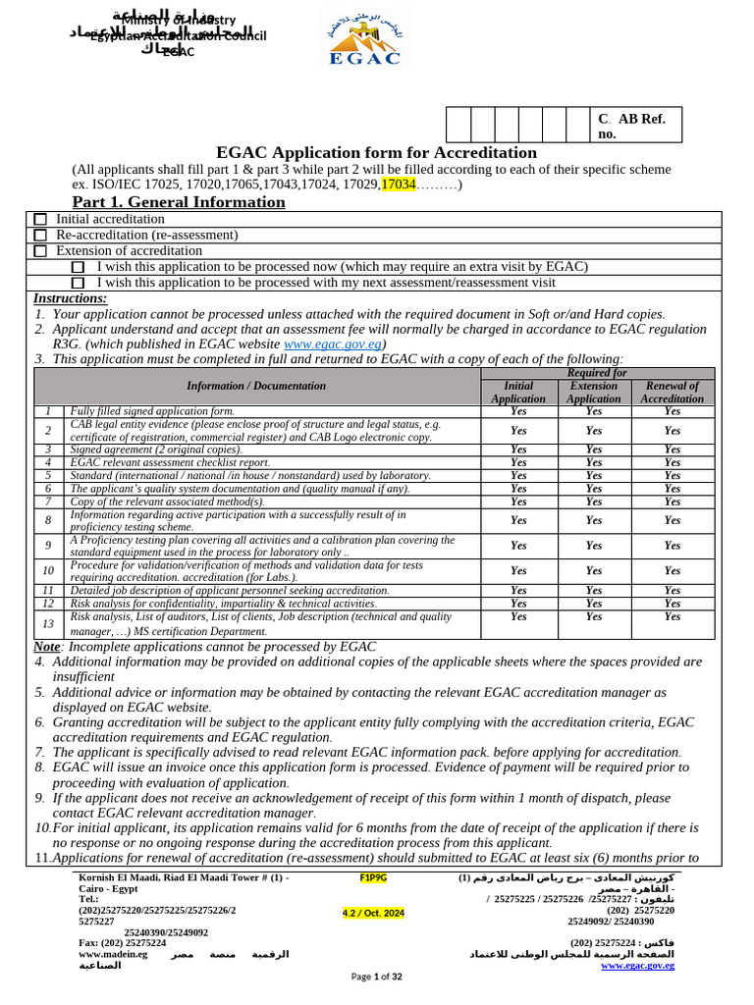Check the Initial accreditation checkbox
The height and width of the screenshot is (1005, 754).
click(40, 220)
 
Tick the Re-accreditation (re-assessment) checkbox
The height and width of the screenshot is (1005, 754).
click(40, 236)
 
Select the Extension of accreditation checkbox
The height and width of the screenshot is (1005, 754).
click(40, 251)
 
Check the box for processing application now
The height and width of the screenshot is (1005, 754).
click(79, 267)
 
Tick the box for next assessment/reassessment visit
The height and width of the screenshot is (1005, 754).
click(79, 283)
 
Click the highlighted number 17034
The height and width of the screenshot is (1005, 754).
click(399, 185)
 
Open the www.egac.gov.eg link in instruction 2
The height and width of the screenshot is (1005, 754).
click(333, 344)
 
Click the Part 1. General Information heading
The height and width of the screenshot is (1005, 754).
click(179, 202)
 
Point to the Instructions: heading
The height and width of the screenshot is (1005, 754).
click(70, 298)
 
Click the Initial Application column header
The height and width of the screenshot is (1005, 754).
click(518, 393)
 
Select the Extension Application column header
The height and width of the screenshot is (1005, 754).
click(594, 393)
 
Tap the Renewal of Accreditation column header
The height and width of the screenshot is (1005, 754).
click(673, 393)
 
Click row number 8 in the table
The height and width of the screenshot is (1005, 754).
click(48, 520)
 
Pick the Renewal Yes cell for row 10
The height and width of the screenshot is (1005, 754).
click(673, 570)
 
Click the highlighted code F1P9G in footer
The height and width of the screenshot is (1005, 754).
click(373, 877)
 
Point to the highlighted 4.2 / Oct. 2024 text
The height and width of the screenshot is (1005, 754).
click(373, 913)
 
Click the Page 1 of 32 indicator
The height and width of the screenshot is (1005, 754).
click(377, 977)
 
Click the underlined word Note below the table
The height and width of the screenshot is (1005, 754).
click(46, 647)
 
